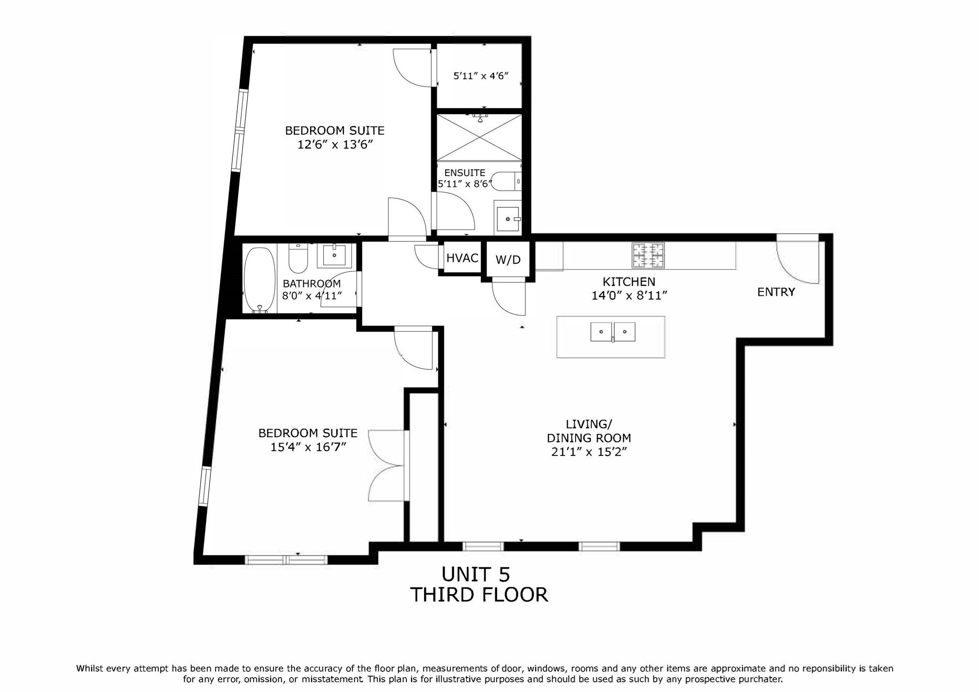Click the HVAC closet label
click(x=462, y=258)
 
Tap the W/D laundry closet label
click(x=508, y=260)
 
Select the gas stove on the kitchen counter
click(x=648, y=255)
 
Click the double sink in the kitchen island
click(x=613, y=332)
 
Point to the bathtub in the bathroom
click(x=260, y=280)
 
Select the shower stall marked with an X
click(x=479, y=137)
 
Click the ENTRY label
click(x=776, y=292)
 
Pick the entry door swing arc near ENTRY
click(x=796, y=262)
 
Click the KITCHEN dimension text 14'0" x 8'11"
click(x=629, y=296)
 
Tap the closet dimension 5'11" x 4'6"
click(x=480, y=76)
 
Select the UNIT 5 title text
click(x=476, y=573)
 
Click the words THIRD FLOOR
click(x=479, y=595)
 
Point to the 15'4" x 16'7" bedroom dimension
click(x=308, y=447)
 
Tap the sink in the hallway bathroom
click(x=334, y=255)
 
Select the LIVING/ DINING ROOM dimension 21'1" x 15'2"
click(x=588, y=452)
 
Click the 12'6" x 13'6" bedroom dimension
click(x=335, y=145)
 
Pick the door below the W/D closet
click(x=509, y=299)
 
